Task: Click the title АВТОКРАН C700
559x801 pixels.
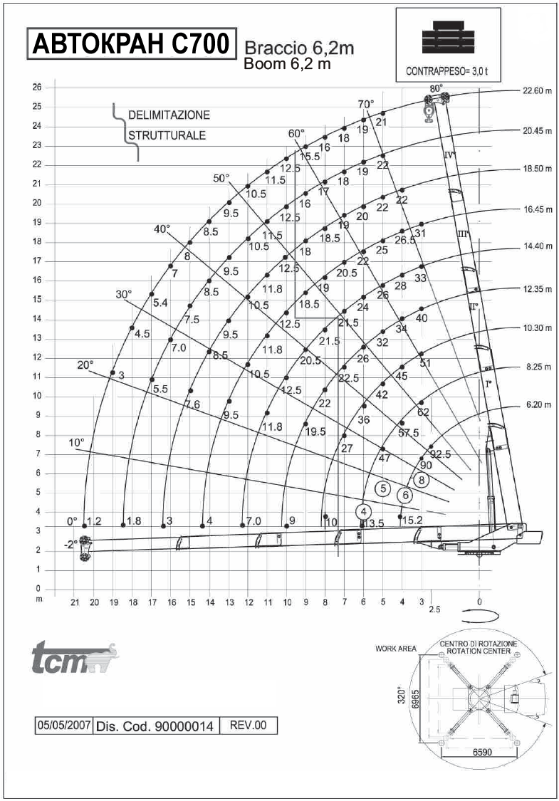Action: coord(131,44)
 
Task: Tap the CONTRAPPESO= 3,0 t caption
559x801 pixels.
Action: coord(447,71)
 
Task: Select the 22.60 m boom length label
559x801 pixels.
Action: coord(537,91)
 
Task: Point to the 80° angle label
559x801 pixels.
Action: coord(436,88)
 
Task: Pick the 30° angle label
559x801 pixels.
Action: coord(124,294)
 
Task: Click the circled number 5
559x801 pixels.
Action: coord(382,488)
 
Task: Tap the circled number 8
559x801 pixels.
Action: coord(422,480)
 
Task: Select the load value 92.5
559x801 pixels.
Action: coord(440,453)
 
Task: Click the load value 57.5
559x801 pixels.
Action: coord(408,433)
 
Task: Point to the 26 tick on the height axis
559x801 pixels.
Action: coord(37,88)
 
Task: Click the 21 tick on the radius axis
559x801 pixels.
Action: coord(75,602)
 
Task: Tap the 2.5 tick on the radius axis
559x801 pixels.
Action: coord(434,609)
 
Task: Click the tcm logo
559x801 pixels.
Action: coord(75,657)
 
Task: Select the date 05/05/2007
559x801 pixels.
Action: coord(64,726)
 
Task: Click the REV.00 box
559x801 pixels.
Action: coord(249,726)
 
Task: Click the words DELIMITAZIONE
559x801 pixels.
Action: coord(169,115)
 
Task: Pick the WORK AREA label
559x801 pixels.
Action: coord(396,648)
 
